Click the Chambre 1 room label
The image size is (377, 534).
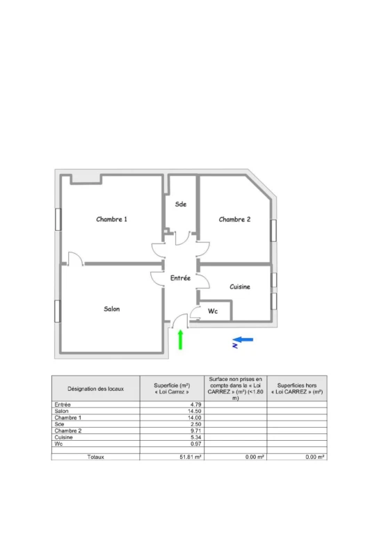[x=112, y=219]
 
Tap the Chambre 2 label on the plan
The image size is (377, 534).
[x=234, y=220]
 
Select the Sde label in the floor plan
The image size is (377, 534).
[x=181, y=204]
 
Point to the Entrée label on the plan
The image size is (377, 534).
[x=180, y=278]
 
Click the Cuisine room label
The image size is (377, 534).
[x=240, y=286]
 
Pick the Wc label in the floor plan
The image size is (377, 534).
[x=213, y=311]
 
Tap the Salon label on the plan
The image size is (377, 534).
[x=112, y=309]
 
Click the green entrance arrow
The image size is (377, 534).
[x=180, y=339]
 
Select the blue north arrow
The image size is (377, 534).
[x=243, y=339]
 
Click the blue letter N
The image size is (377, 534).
[x=235, y=346]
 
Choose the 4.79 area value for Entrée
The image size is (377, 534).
[x=196, y=405]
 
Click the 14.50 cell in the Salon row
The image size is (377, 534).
[x=195, y=411]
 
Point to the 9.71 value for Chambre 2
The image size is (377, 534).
[x=196, y=431]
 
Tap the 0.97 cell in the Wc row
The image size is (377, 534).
[x=196, y=444]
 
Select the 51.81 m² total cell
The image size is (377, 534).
[x=191, y=457]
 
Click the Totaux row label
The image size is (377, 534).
[x=96, y=457]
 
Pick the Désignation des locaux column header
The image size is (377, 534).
[x=96, y=389]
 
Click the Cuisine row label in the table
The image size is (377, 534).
[x=64, y=437]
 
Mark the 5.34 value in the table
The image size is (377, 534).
[x=196, y=437]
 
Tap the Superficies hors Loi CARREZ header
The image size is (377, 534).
[x=297, y=389]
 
